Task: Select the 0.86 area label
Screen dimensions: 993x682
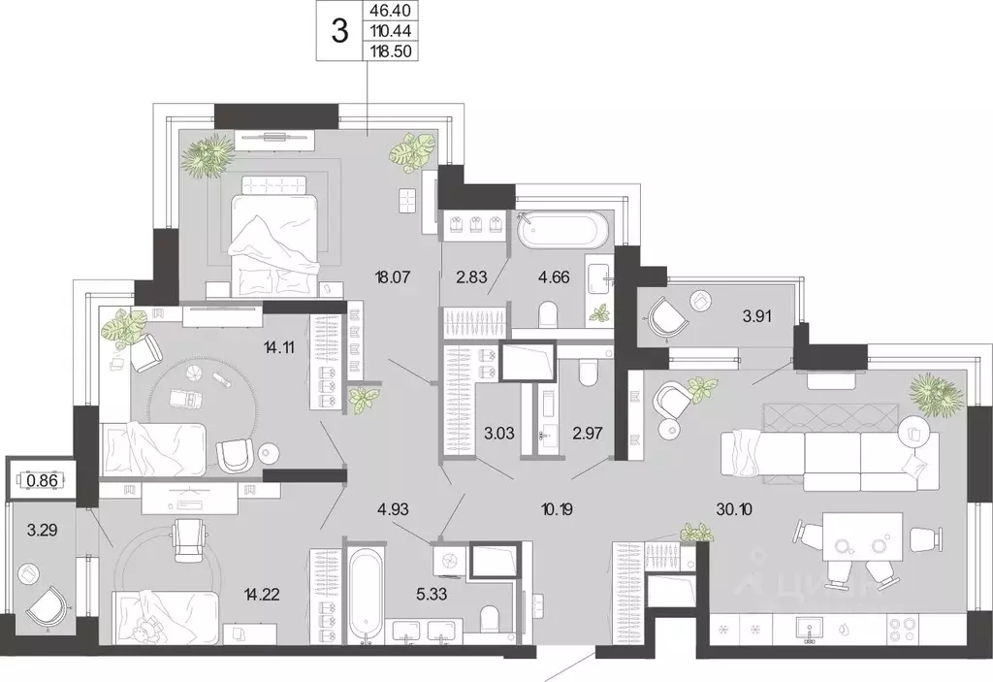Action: pyautogui.click(x=43, y=480)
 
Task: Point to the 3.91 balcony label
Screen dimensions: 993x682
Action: pyautogui.click(x=756, y=315)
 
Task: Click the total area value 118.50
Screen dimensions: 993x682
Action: pyautogui.click(x=390, y=50)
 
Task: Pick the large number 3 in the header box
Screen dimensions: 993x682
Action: pyautogui.click(x=340, y=31)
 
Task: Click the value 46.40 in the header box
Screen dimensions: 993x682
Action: pyautogui.click(x=390, y=10)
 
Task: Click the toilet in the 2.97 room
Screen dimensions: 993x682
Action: pyautogui.click(x=587, y=373)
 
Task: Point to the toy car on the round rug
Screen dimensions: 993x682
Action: pyautogui.click(x=187, y=401)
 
